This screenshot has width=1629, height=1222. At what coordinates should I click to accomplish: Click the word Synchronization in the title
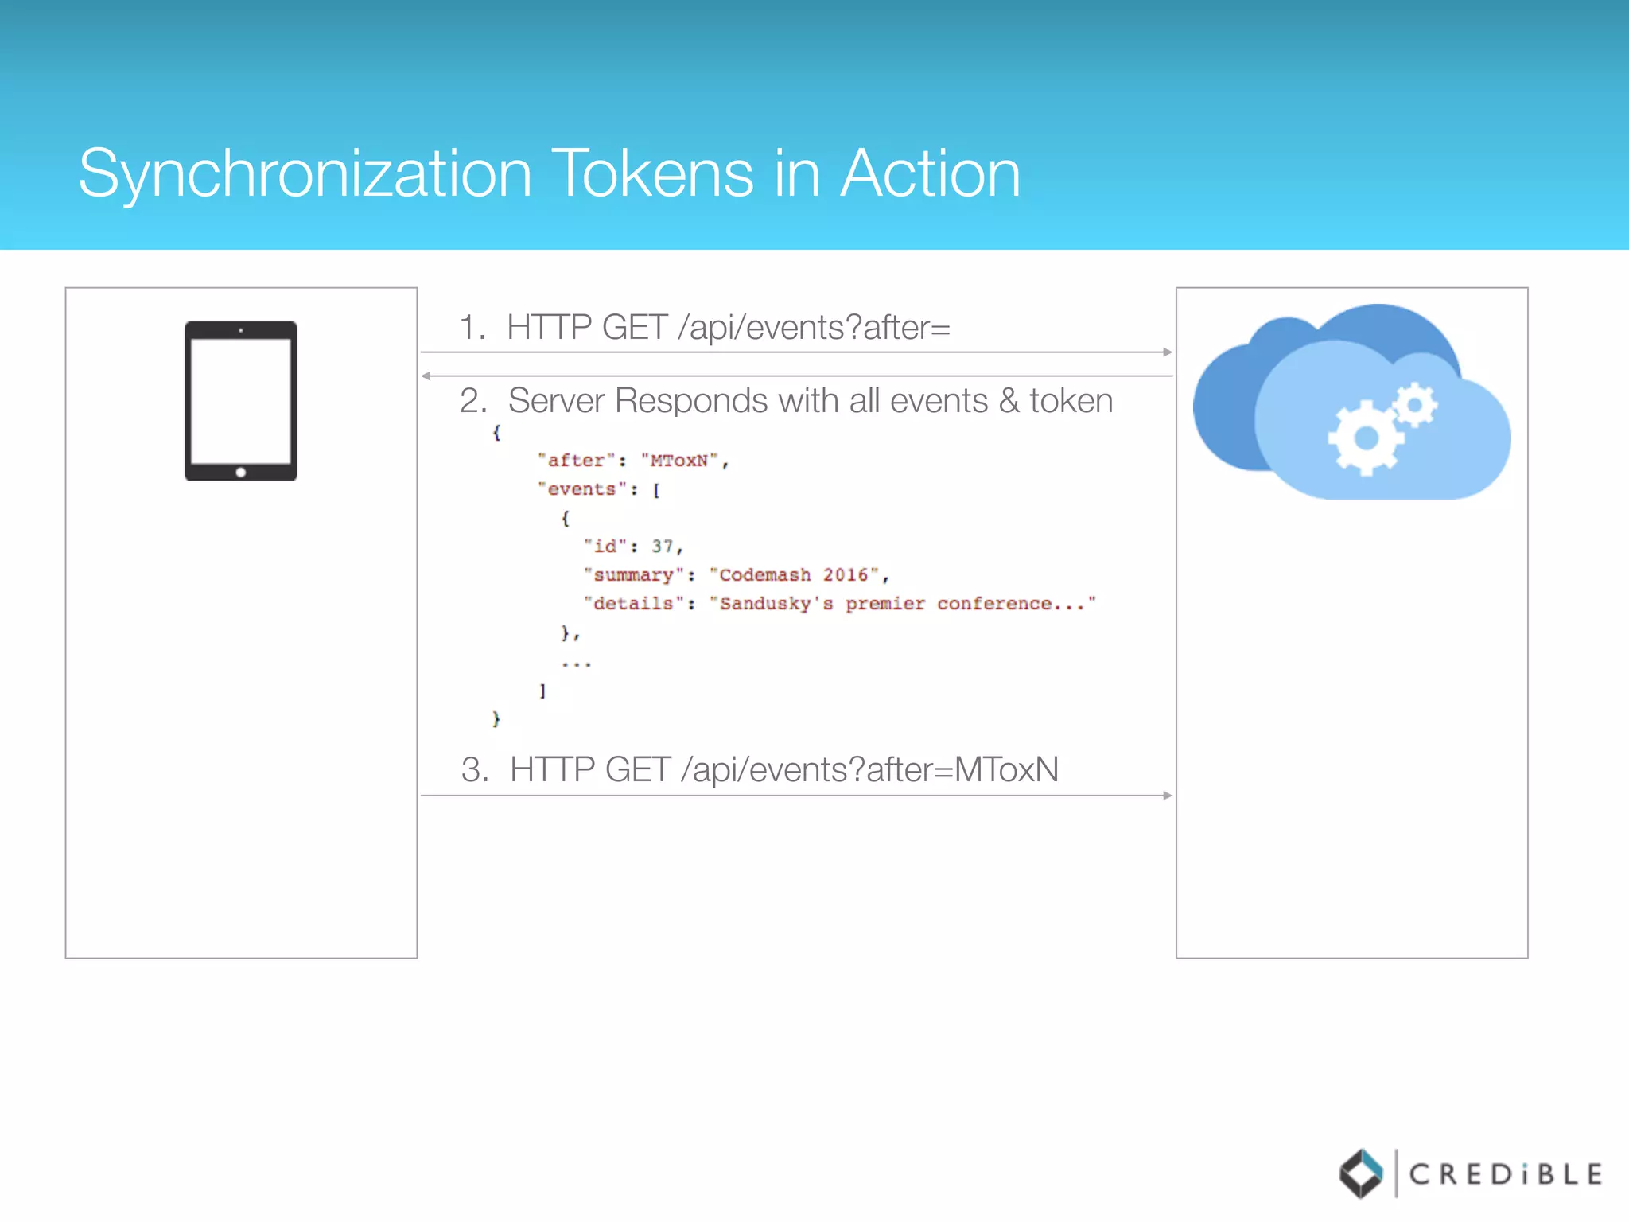tap(305, 175)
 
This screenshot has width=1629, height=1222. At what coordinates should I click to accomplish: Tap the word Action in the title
tap(930, 173)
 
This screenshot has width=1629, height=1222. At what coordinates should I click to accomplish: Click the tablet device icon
tap(241, 400)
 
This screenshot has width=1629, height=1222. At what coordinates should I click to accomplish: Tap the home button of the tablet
tap(241, 472)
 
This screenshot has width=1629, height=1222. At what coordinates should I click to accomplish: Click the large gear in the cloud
tap(1365, 438)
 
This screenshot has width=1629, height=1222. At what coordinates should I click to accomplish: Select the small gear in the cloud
tap(1415, 406)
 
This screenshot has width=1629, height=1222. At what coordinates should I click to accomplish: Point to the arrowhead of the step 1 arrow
tap(1168, 352)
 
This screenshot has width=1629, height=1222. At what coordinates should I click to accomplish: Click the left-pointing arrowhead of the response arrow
tap(426, 376)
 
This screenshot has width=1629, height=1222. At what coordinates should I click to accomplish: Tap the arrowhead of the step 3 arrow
tap(1168, 795)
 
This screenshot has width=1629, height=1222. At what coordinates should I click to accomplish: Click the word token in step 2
tap(1071, 400)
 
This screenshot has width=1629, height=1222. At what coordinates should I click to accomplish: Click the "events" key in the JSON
tap(581, 489)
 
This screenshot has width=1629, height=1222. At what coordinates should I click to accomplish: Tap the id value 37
tap(663, 547)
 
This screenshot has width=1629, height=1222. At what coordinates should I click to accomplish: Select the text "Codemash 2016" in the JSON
tap(794, 575)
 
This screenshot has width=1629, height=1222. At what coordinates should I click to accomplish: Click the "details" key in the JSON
tap(633, 604)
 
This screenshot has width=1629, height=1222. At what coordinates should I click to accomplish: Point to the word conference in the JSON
tap(994, 604)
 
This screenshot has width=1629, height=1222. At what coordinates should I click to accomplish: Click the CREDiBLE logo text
tap(1505, 1174)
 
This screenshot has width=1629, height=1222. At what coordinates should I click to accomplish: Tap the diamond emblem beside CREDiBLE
tap(1361, 1173)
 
